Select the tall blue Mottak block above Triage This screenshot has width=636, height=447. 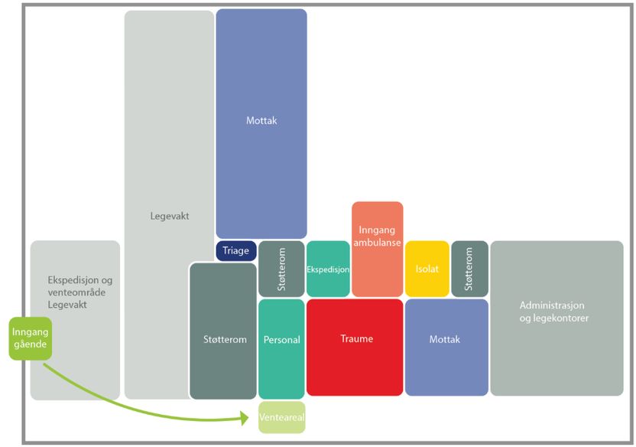click(261, 122)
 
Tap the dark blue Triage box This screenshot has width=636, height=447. click(236, 251)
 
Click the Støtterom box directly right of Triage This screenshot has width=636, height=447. click(281, 269)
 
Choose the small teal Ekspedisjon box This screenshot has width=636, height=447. click(328, 269)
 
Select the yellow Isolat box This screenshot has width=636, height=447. click(427, 269)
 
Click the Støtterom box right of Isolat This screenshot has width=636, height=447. click(469, 269)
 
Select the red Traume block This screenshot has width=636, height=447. click(355, 347)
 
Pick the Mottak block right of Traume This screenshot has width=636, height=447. click(446, 347)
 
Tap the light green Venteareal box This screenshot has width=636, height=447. click(281, 417)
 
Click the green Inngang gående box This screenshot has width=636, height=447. click(30, 338)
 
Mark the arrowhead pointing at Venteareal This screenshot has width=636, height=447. click(245, 418)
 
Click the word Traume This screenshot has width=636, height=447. click(355, 338)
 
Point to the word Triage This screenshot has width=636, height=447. click(236, 251)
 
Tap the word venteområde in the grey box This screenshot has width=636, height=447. click(75, 292)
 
